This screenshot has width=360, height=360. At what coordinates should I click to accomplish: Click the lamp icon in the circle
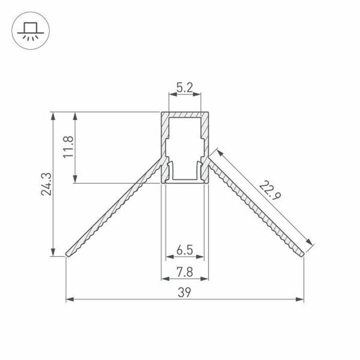tap(28, 31)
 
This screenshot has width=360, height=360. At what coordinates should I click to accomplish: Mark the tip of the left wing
tap(66, 255)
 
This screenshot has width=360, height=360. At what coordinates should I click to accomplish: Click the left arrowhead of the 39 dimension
tap(69, 299)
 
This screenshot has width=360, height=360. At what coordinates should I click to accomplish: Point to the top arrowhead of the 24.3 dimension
tap(53, 114)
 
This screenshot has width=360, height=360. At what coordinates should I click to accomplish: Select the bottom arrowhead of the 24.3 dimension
tap(53, 254)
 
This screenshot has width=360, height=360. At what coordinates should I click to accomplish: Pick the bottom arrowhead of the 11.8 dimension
tap(75, 180)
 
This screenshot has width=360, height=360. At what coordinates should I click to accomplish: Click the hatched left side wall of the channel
tap(164, 145)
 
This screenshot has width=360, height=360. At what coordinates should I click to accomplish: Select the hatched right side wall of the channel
tap(204, 145)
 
